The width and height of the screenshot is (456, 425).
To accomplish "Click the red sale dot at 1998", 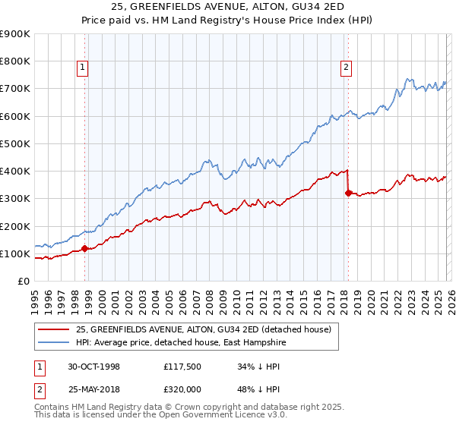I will coord(85,248).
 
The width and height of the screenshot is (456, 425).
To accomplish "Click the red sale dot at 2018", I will coord(348,193).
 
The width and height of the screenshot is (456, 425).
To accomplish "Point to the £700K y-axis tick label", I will coord(16,89).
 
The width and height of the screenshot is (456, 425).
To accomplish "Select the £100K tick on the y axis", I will coord(16,253).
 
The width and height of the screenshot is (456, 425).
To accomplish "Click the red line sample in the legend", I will coord(54,329).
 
